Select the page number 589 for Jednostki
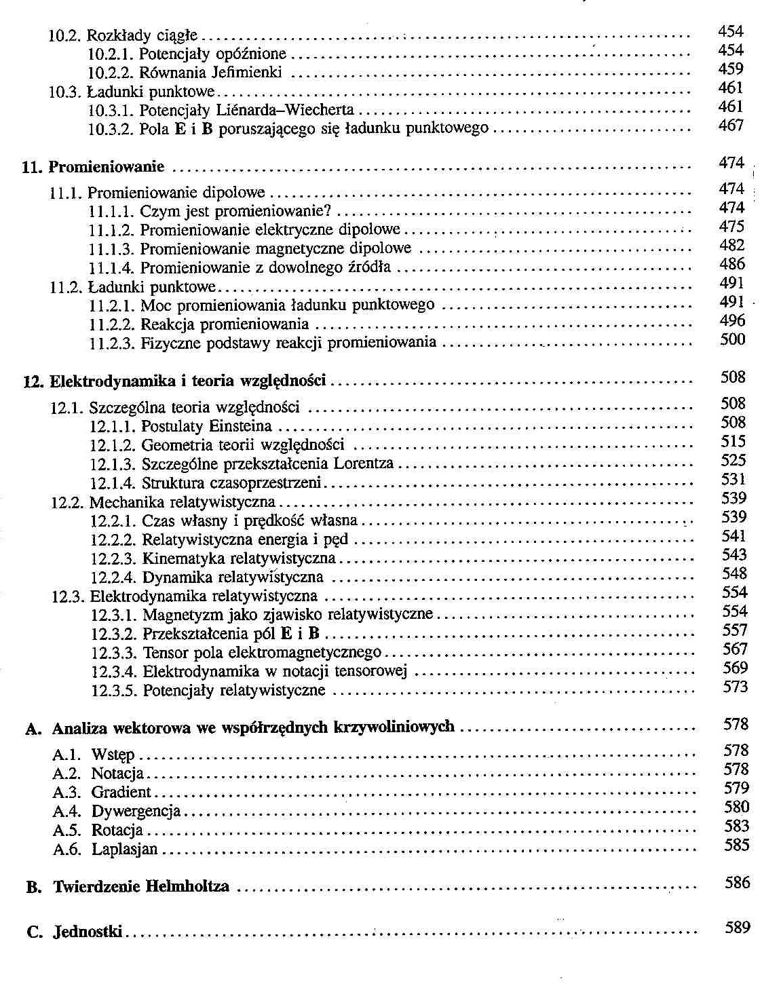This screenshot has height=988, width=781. (x=737, y=928)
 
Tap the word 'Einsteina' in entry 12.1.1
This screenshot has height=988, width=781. (x=240, y=427)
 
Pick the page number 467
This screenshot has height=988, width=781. (x=731, y=126)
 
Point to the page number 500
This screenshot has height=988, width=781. (x=732, y=339)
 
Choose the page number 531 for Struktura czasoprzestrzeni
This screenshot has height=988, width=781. (x=734, y=479)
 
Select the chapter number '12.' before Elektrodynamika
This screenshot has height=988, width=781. (x=33, y=381)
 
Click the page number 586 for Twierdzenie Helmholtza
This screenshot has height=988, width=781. (x=738, y=883)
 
